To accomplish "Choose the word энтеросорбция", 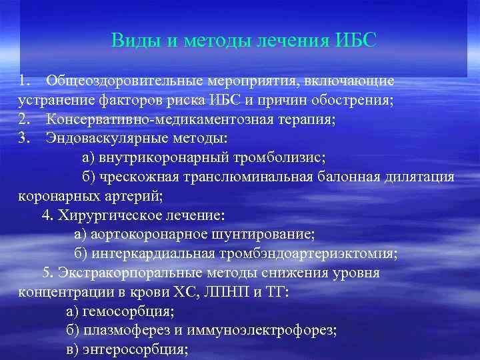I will click(135, 349).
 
